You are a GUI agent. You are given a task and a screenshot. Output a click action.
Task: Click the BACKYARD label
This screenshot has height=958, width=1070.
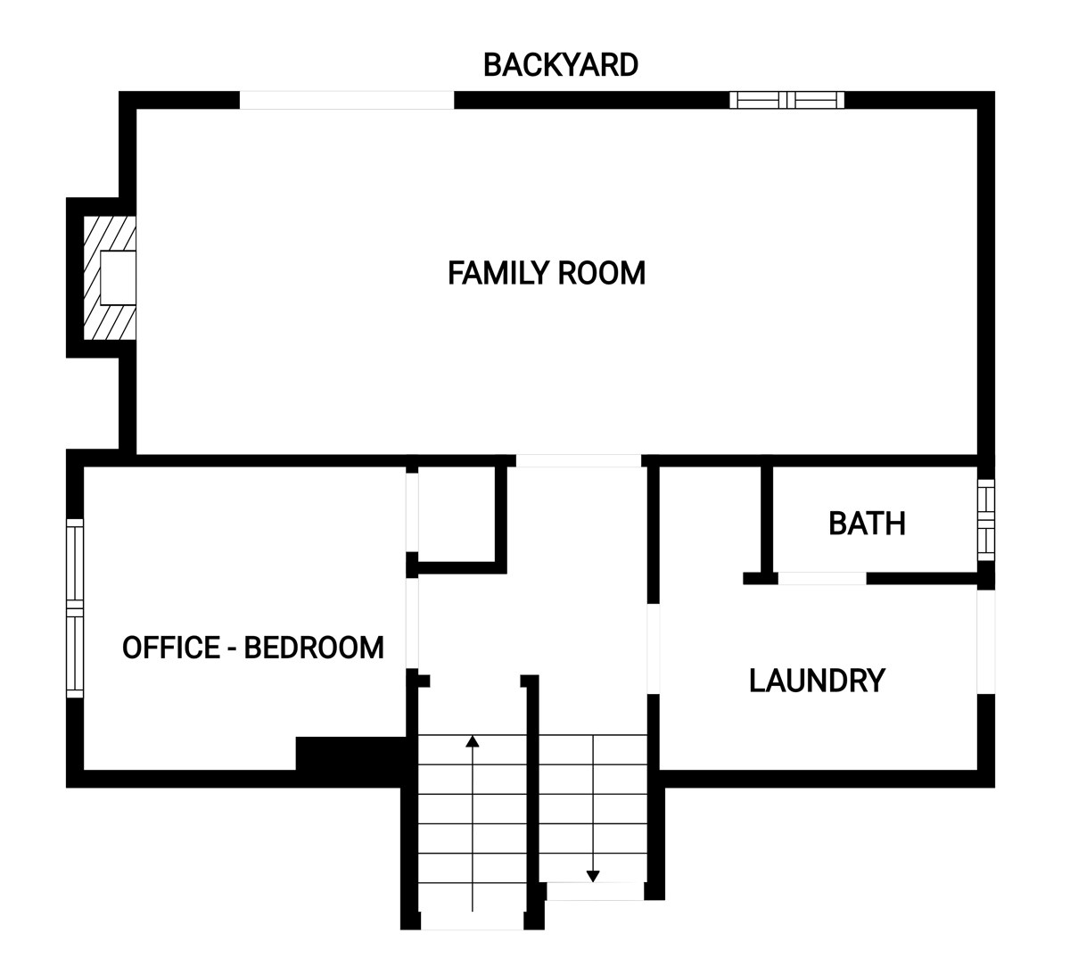[560, 65]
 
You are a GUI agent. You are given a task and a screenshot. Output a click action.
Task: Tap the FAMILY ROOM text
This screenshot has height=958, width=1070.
[546, 273]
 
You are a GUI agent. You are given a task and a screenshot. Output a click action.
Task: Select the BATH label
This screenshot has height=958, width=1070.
[867, 523]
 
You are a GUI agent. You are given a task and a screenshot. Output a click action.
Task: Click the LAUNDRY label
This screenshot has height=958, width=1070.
[817, 680]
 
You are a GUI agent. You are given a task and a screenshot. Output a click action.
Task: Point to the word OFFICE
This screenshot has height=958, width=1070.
[170, 648]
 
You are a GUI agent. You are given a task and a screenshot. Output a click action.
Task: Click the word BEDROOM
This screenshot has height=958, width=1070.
[314, 648]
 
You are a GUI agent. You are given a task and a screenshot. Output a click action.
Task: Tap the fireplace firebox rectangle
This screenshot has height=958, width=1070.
[118, 277]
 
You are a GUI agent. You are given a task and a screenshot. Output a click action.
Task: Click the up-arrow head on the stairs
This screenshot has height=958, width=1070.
[473, 741]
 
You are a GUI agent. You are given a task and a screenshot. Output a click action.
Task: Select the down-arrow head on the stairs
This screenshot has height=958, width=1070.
[593, 877]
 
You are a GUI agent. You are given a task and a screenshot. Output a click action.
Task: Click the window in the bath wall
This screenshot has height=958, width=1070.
[986, 520]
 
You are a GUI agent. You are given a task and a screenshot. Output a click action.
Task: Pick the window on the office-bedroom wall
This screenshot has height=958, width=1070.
[75, 608]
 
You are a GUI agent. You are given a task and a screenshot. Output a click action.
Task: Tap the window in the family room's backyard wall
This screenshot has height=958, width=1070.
[787, 100]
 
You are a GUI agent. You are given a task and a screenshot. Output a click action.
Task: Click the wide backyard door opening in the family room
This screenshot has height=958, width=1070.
[347, 100]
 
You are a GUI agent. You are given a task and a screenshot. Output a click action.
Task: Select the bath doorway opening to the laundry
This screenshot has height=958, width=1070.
[822, 579]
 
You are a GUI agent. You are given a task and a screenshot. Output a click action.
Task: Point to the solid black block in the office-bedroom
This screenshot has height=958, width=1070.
[350, 754]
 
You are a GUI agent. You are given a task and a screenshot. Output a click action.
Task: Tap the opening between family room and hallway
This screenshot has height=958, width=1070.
[579, 461]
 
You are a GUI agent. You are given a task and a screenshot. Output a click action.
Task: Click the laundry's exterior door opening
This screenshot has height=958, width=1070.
[986, 642]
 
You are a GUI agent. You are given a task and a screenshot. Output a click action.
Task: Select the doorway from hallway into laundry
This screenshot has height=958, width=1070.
[654, 648]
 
